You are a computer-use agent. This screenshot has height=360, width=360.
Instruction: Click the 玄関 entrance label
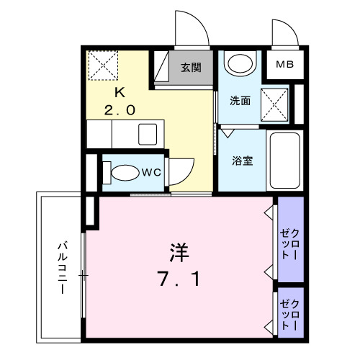pyautogui.click(x=190, y=68)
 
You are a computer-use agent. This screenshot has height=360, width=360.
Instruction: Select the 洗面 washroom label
pyautogui.click(x=240, y=101)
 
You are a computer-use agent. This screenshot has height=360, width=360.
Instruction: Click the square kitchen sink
pyautogui.click(x=149, y=134)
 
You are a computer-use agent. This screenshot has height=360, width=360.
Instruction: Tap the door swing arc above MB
pyautogui.click(x=284, y=32)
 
